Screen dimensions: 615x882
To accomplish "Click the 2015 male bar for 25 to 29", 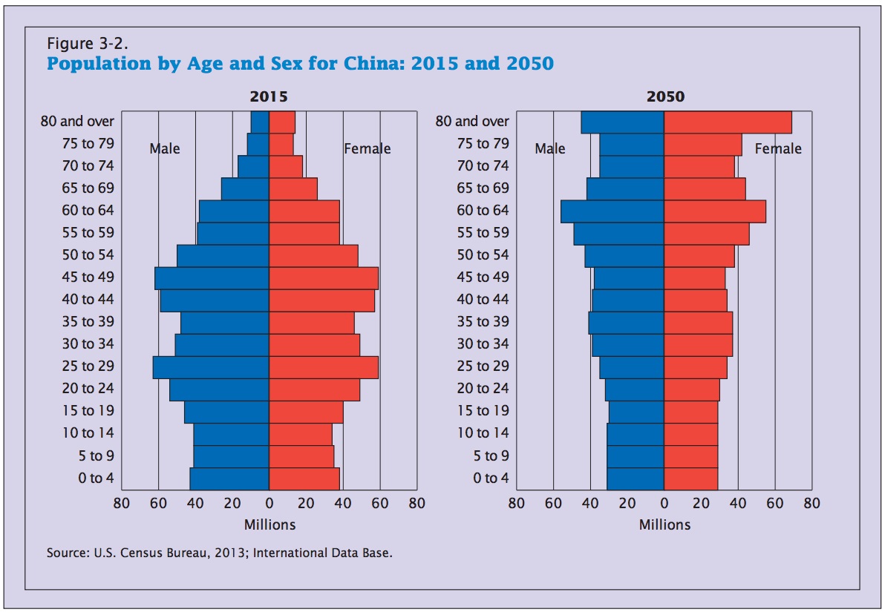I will (211, 367).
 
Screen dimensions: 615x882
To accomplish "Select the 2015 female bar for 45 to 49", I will (323, 278).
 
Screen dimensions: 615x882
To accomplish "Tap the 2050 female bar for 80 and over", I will (728, 122).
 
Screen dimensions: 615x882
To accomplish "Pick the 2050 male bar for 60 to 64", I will (612, 211).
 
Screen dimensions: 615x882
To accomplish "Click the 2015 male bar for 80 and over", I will (260, 122).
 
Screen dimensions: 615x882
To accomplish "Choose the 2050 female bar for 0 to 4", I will (690, 478).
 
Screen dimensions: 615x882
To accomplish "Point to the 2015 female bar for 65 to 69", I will (293, 189).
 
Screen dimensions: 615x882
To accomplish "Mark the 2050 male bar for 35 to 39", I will (626, 323).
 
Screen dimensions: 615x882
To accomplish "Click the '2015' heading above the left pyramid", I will (269, 97).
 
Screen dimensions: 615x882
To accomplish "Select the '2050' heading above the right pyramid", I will (664, 97).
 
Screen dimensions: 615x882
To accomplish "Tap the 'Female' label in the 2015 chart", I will (367, 148).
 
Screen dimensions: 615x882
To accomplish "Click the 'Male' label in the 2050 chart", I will (550, 148).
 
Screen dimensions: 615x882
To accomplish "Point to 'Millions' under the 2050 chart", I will (664, 524).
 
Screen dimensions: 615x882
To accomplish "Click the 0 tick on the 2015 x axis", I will (269, 503).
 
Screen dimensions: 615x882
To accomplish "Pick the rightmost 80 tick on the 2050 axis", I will (811, 503).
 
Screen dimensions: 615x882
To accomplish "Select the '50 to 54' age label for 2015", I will (88, 255).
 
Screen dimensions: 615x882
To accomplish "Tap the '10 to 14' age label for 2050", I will (483, 433).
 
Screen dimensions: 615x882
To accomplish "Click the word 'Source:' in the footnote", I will (67, 553).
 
